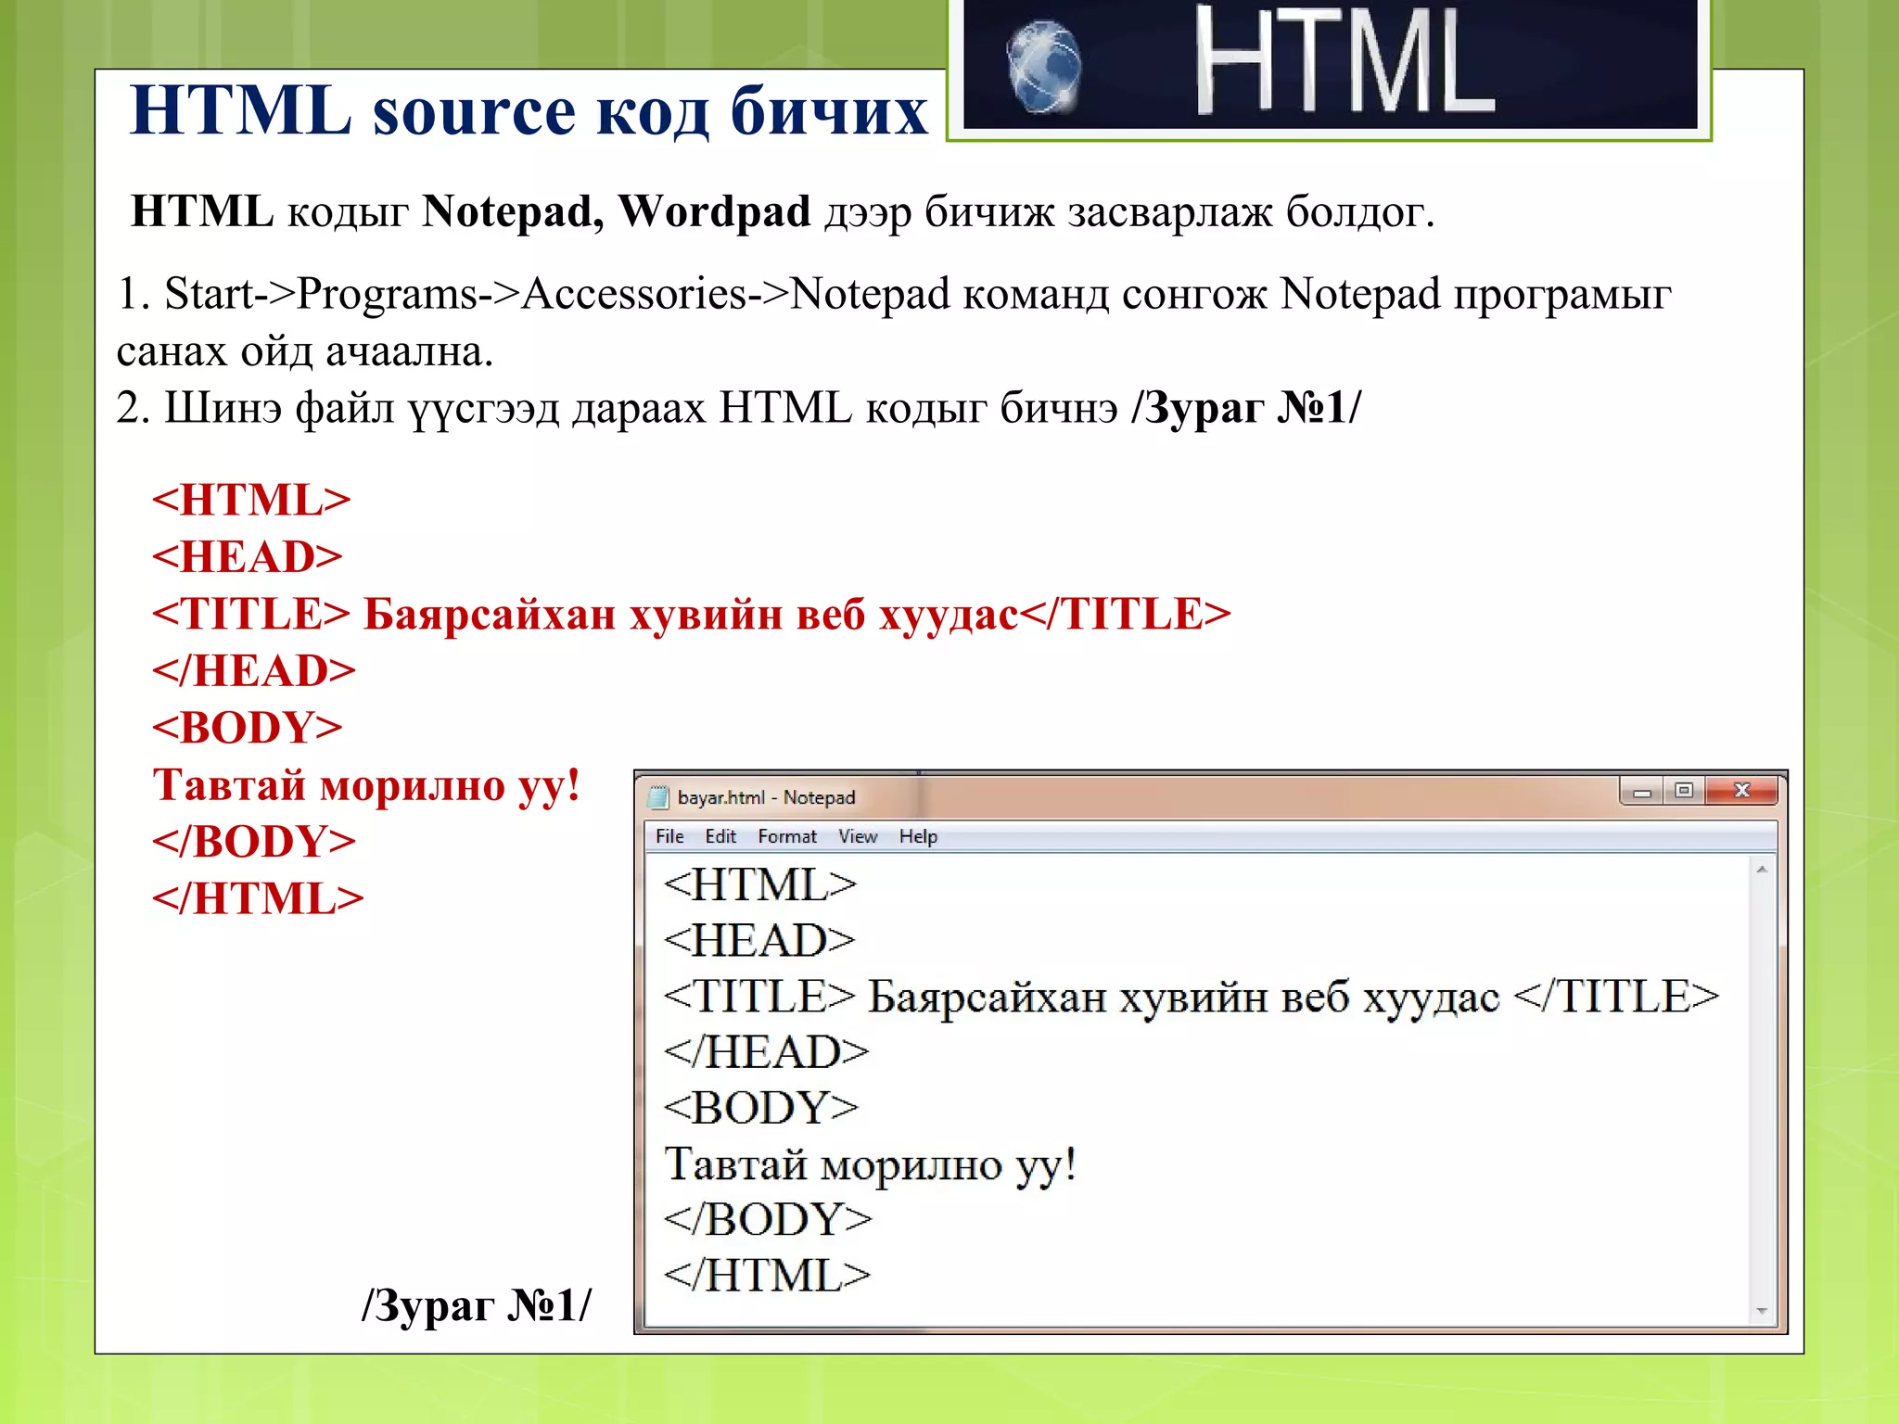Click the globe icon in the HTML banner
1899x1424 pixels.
[1044, 67]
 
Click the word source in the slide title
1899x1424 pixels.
[474, 112]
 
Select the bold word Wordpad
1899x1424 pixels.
[713, 211]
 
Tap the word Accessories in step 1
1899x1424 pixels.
[634, 294]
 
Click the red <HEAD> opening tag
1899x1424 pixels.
[248, 557]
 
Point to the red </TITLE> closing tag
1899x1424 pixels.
[1125, 614]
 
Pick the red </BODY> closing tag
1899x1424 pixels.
[254, 842]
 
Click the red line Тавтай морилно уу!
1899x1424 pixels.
[366, 785]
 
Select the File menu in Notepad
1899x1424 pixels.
[669, 836]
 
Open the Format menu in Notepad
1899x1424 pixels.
[787, 836]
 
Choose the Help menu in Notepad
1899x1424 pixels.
[918, 836]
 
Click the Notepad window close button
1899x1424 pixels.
[1741, 791]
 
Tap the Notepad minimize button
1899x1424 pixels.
[1642, 792]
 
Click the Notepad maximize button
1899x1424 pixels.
[1684, 791]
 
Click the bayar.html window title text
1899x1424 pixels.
[766, 797]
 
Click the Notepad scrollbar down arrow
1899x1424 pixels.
[1762, 1311]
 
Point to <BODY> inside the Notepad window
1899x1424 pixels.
[761, 1108]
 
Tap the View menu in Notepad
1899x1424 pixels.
[858, 836]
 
